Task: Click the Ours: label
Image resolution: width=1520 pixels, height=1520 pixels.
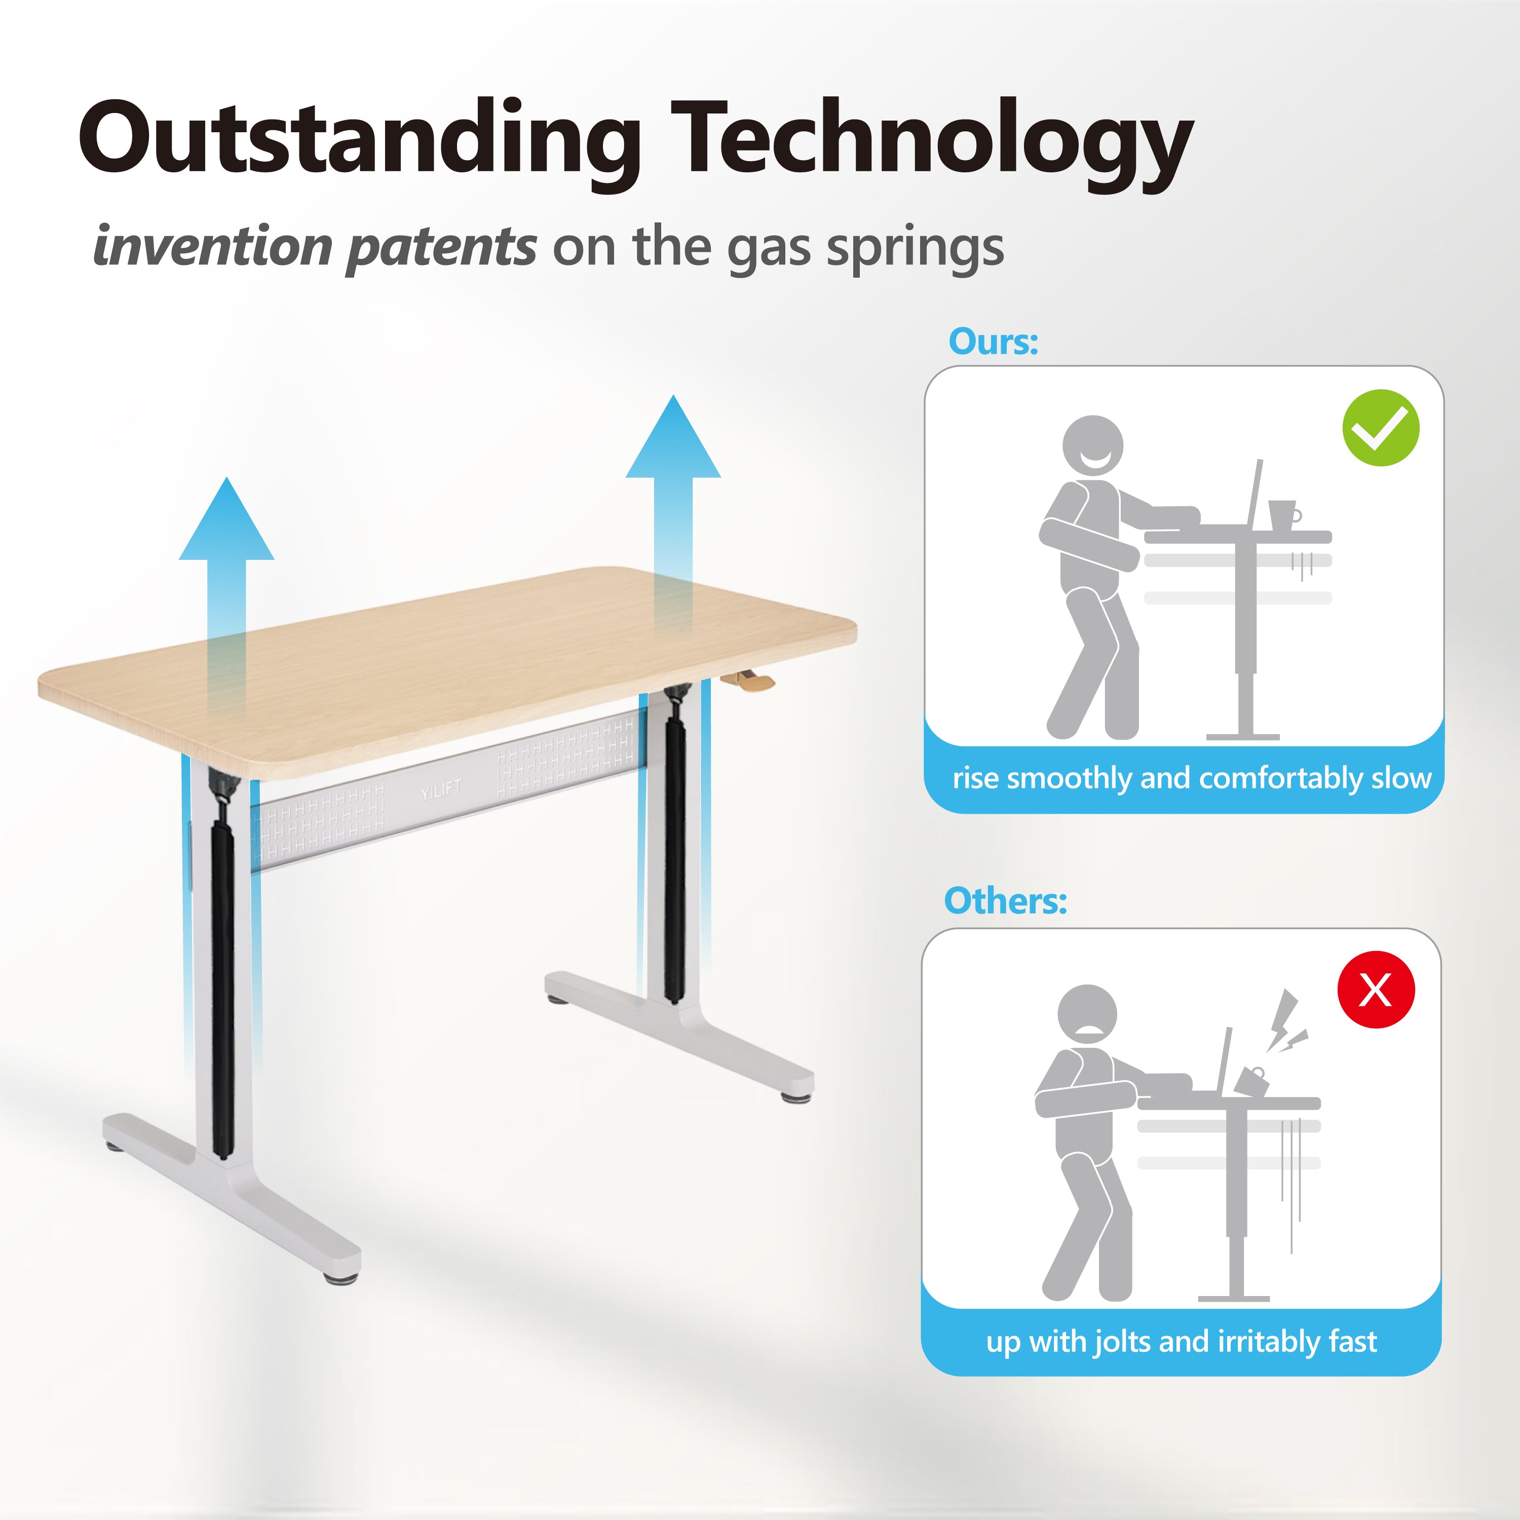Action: click(x=994, y=341)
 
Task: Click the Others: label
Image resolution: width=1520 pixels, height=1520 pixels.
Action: click(x=1005, y=901)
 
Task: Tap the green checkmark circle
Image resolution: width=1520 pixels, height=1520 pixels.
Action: click(x=1381, y=428)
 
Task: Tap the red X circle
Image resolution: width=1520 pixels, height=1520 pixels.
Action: click(x=1376, y=989)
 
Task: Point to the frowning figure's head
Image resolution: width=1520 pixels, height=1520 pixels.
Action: click(x=1087, y=1015)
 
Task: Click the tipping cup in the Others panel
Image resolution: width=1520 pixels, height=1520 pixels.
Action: click(x=1251, y=1081)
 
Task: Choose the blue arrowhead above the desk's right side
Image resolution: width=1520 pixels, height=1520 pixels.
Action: click(x=673, y=437)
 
